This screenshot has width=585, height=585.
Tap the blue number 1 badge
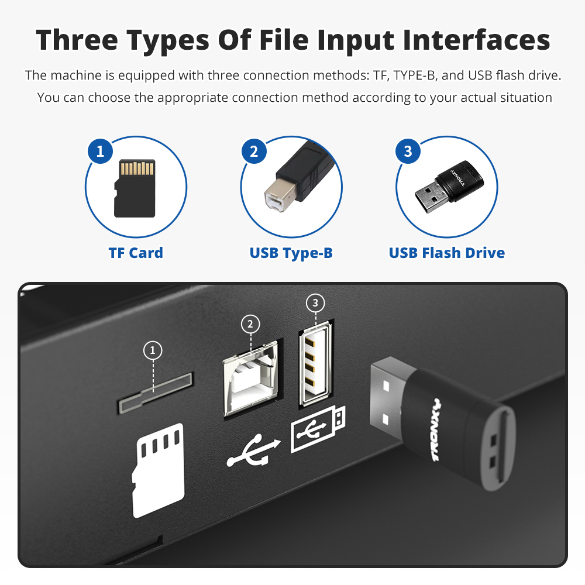tap(101, 151)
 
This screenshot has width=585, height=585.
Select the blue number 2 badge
tap(254, 151)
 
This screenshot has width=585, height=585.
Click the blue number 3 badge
tap(408, 151)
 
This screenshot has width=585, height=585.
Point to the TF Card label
tap(136, 253)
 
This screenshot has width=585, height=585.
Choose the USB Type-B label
tap(291, 253)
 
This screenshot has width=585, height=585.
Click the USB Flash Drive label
tap(446, 253)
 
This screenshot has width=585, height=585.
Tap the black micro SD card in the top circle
tap(135, 188)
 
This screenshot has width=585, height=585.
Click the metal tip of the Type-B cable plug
tap(278, 195)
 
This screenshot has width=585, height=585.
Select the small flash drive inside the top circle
tap(449, 187)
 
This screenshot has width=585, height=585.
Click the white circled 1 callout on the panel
tap(153, 350)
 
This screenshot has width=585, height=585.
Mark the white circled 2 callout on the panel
tap(250, 324)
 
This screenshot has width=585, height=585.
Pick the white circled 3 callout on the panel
tap(315, 302)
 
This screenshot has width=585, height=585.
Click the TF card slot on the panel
tap(155, 393)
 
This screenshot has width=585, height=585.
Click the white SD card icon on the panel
tap(158, 470)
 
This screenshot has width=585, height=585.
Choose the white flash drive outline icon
tap(318, 429)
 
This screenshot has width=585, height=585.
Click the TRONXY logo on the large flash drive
tap(436, 430)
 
